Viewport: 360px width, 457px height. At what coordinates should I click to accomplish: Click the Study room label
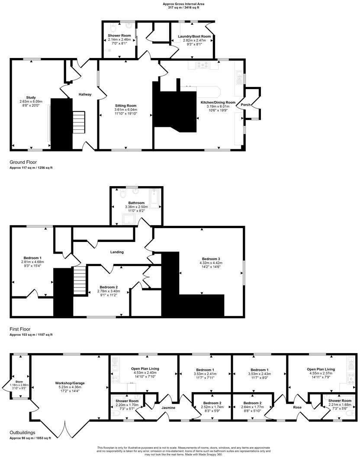pos(30,98)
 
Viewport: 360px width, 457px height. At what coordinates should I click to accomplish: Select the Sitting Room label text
pos(125,106)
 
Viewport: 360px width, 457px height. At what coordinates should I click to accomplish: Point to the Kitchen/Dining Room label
pos(218,103)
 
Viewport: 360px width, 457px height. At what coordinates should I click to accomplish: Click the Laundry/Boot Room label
pos(194,36)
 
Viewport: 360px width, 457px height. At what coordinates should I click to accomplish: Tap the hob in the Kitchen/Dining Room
pos(202,65)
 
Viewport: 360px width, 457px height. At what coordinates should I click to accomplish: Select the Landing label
pos(117,252)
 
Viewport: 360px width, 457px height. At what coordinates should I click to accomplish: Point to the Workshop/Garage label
pos(69,383)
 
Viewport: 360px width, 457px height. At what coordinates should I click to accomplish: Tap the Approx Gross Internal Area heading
pos(180,3)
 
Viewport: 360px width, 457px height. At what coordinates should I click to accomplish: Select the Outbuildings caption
pos(22,432)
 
